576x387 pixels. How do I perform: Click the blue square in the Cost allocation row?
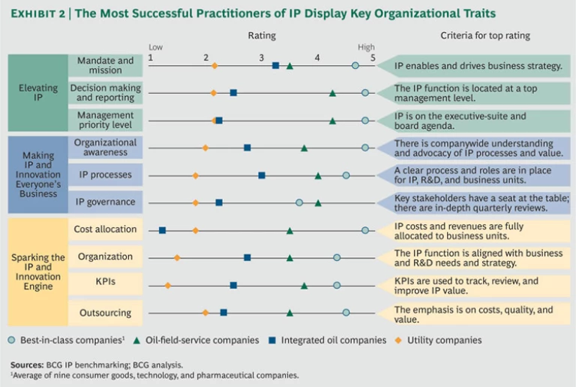[x=162, y=230]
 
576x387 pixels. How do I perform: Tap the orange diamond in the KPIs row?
[x=167, y=286]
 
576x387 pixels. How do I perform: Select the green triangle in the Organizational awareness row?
[x=304, y=148]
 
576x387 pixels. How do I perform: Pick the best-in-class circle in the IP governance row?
[x=299, y=202]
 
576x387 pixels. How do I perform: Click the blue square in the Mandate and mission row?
[x=275, y=66]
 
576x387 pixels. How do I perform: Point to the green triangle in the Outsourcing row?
[x=289, y=313]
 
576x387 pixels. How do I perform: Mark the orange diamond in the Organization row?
[x=177, y=258]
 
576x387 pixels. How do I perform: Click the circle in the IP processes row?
[x=346, y=175]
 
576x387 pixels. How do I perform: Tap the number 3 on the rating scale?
[x=261, y=58]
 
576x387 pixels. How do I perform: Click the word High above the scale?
[x=366, y=47]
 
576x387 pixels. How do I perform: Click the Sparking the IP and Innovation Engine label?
[x=37, y=271]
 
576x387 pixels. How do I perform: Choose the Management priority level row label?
[x=105, y=120]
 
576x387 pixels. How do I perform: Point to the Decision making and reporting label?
[x=105, y=93]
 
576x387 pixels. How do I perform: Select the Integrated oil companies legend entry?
[x=334, y=340]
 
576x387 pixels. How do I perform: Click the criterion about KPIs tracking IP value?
[x=466, y=286]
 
